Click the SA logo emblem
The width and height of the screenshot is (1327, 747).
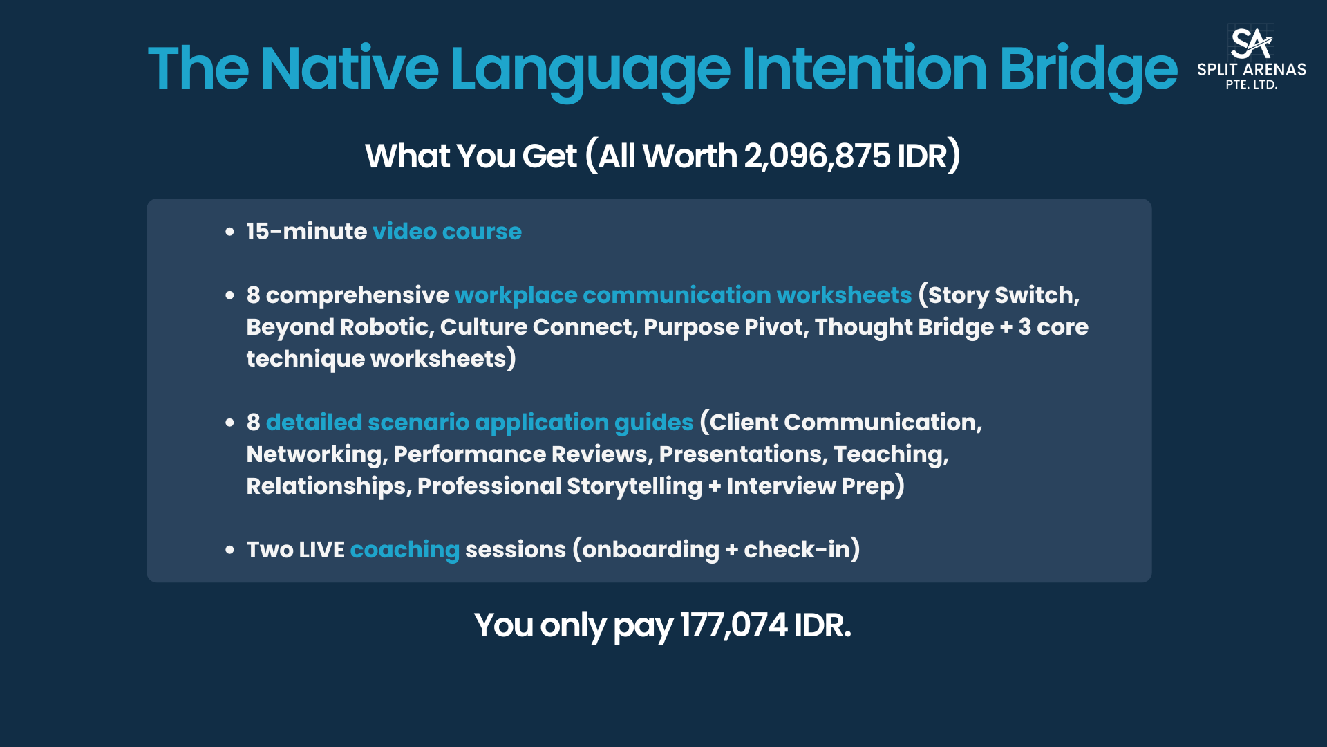(x=1251, y=43)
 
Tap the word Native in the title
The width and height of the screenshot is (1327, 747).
(x=350, y=68)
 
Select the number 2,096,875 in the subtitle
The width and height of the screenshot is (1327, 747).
(x=817, y=156)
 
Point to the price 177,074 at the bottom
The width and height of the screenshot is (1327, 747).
(x=733, y=625)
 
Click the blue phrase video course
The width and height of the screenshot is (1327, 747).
(x=447, y=231)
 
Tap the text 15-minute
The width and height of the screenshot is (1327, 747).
(x=306, y=231)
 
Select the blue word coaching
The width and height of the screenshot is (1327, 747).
(x=405, y=550)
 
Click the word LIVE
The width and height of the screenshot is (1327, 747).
(x=322, y=550)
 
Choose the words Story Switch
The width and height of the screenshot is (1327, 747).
(x=1001, y=295)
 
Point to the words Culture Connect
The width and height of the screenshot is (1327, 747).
(x=536, y=327)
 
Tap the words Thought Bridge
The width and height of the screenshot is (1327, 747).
(x=904, y=327)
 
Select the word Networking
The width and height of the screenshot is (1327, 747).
(x=314, y=454)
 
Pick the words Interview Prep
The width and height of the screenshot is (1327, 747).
(x=810, y=486)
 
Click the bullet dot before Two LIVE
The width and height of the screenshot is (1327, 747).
(x=230, y=551)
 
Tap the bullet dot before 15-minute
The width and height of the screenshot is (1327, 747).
(x=230, y=232)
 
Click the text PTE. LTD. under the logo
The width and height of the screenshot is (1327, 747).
(x=1252, y=85)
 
